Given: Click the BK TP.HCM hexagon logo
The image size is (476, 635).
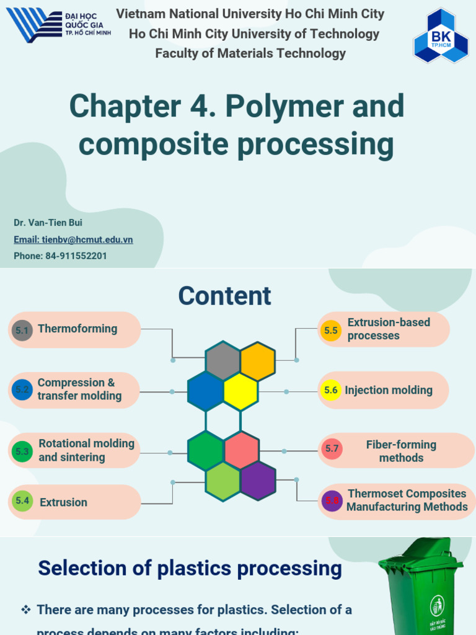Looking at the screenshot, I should click(x=441, y=36).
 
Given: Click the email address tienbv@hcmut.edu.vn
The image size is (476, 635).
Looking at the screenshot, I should click(x=73, y=239).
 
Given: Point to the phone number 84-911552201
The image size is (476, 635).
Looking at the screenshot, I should click(x=60, y=255).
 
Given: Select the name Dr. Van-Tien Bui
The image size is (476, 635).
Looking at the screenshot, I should click(x=48, y=223).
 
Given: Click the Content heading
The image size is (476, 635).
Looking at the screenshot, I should click(x=224, y=296).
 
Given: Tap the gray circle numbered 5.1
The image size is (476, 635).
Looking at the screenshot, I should click(x=22, y=331).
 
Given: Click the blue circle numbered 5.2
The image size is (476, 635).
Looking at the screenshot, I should click(x=22, y=390).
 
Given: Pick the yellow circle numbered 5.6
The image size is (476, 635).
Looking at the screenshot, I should click(x=331, y=390).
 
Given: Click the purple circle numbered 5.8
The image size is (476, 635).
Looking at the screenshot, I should click(x=332, y=500).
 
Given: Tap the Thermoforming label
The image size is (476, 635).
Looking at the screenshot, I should click(x=77, y=329).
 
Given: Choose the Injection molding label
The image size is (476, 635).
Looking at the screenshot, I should click(x=389, y=390).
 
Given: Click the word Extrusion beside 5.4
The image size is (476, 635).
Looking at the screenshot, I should click(x=63, y=502).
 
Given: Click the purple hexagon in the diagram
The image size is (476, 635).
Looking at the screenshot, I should click(x=258, y=481).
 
